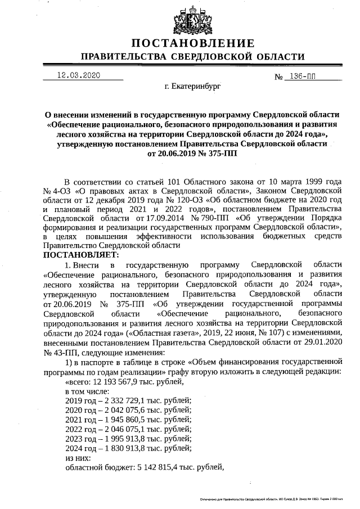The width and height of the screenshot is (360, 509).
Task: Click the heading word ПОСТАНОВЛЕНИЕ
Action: tap(192, 44)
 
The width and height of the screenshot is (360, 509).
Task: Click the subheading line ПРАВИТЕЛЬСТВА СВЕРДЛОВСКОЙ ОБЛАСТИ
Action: tap(192, 57)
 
